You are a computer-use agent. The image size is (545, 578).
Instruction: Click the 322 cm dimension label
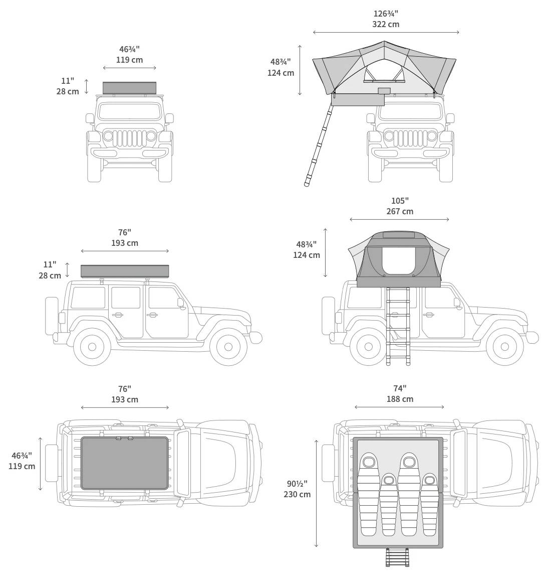[x=386, y=24]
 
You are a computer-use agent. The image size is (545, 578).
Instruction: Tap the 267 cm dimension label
[x=400, y=211]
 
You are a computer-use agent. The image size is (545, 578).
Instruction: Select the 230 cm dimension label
[x=297, y=494]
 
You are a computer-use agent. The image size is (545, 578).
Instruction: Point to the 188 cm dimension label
[x=400, y=399]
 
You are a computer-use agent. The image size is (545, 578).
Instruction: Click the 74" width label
[x=400, y=388]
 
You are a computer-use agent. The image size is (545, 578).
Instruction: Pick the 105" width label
[x=400, y=201]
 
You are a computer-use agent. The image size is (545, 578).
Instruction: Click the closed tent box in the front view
[x=129, y=88]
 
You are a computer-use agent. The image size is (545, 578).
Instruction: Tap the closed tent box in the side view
[x=125, y=271]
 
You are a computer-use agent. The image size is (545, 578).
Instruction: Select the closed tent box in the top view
[x=124, y=463]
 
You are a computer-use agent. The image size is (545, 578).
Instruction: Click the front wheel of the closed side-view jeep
[x=228, y=347]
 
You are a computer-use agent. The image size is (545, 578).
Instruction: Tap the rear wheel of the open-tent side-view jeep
[x=368, y=347]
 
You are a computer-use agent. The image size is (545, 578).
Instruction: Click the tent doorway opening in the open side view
[x=398, y=260]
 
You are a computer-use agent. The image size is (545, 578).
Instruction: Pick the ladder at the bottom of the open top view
[x=397, y=557]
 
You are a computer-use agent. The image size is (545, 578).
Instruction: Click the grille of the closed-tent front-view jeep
[x=130, y=138]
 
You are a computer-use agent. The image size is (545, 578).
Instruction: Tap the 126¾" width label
[x=386, y=14]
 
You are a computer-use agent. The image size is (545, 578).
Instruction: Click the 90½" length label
[x=297, y=484]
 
